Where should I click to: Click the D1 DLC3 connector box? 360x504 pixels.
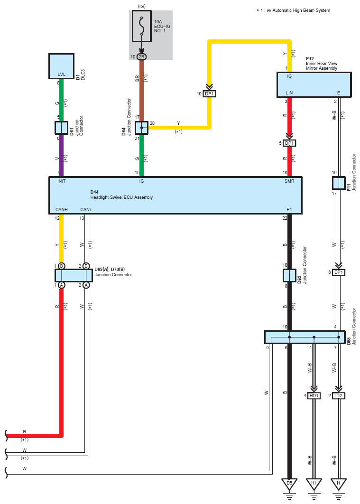[x=61, y=66]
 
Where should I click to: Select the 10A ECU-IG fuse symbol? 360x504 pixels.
[x=142, y=27]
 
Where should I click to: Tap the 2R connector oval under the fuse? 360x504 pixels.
[x=142, y=56]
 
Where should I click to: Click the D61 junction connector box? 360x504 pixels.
[x=61, y=128]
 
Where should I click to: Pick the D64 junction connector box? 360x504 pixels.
[x=142, y=128]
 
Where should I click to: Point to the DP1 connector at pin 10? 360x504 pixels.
[x=209, y=94]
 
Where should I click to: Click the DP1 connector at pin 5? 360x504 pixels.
[x=289, y=143]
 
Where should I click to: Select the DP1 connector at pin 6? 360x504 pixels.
[x=339, y=272]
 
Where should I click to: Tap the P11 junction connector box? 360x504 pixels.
[x=339, y=183]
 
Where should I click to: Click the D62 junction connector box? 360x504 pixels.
[x=289, y=275]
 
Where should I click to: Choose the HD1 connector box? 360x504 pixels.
[x=314, y=396]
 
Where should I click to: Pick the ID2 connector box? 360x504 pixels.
[x=339, y=396]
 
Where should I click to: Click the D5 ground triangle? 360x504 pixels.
[x=289, y=484]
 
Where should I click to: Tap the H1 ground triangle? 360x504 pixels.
[x=314, y=484]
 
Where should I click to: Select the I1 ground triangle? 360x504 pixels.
[x=339, y=484]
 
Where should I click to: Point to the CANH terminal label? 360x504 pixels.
[x=61, y=210]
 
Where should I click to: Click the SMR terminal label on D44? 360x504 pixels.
[x=289, y=181]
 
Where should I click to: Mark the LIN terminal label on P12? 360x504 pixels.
[x=289, y=93]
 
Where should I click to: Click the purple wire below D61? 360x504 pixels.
[x=61, y=155]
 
